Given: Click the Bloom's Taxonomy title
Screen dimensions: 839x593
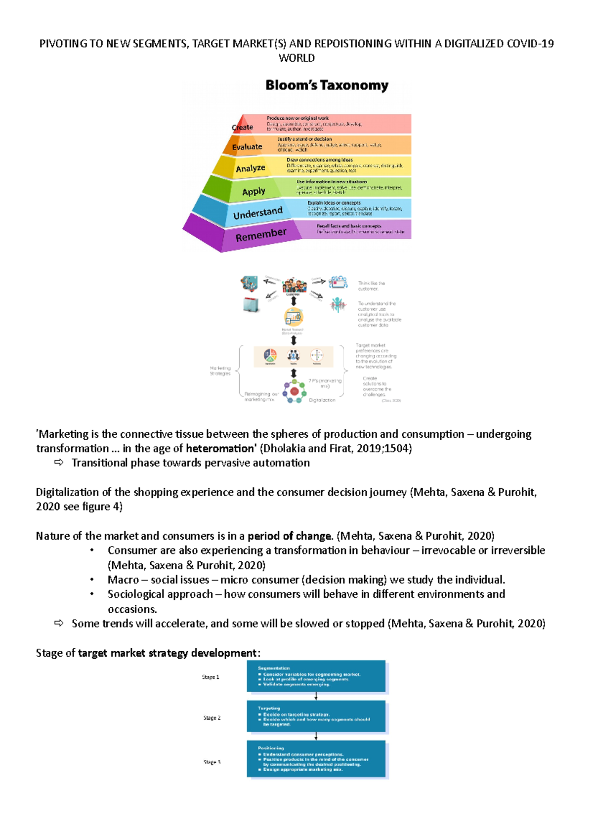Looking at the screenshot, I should [x=327, y=85].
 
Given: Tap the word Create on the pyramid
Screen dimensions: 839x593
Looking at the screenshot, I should [x=243, y=127].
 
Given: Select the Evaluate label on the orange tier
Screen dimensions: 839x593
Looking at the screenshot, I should [x=247, y=147].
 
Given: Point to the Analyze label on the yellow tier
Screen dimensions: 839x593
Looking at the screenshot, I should [x=251, y=168].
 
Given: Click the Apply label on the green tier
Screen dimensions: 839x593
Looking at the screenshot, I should [x=254, y=191].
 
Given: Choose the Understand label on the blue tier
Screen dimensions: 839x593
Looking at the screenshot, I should [x=257, y=213].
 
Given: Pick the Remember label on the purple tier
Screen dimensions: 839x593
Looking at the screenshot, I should [x=261, y=235].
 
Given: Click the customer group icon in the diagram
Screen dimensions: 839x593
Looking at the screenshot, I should [x=294, y=286].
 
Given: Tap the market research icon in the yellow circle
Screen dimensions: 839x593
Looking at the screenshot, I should [x=294, y=317].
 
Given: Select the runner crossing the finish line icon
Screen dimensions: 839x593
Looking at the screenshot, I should [x=338, y=304].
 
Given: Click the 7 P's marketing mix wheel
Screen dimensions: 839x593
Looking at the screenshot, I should [x=295, y=391].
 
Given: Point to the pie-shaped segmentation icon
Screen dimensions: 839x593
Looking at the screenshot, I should [x=270, y=355].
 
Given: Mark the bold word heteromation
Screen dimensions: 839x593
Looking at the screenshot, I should [x=219, y=449].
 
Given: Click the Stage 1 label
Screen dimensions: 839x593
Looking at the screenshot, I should [x=211, y=677].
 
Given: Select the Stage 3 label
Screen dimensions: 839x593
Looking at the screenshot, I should [x=212, y=762].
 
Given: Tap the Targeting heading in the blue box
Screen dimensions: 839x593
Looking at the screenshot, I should [x=269, y=708].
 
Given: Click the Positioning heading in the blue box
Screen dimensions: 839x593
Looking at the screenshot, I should [x=271, y=748].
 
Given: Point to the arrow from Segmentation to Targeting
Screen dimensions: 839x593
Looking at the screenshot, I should [x=316, y=696].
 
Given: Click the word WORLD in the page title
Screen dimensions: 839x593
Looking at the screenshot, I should [x=296, y=58].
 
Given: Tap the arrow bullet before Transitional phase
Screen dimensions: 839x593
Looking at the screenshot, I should [x=59, y=463].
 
